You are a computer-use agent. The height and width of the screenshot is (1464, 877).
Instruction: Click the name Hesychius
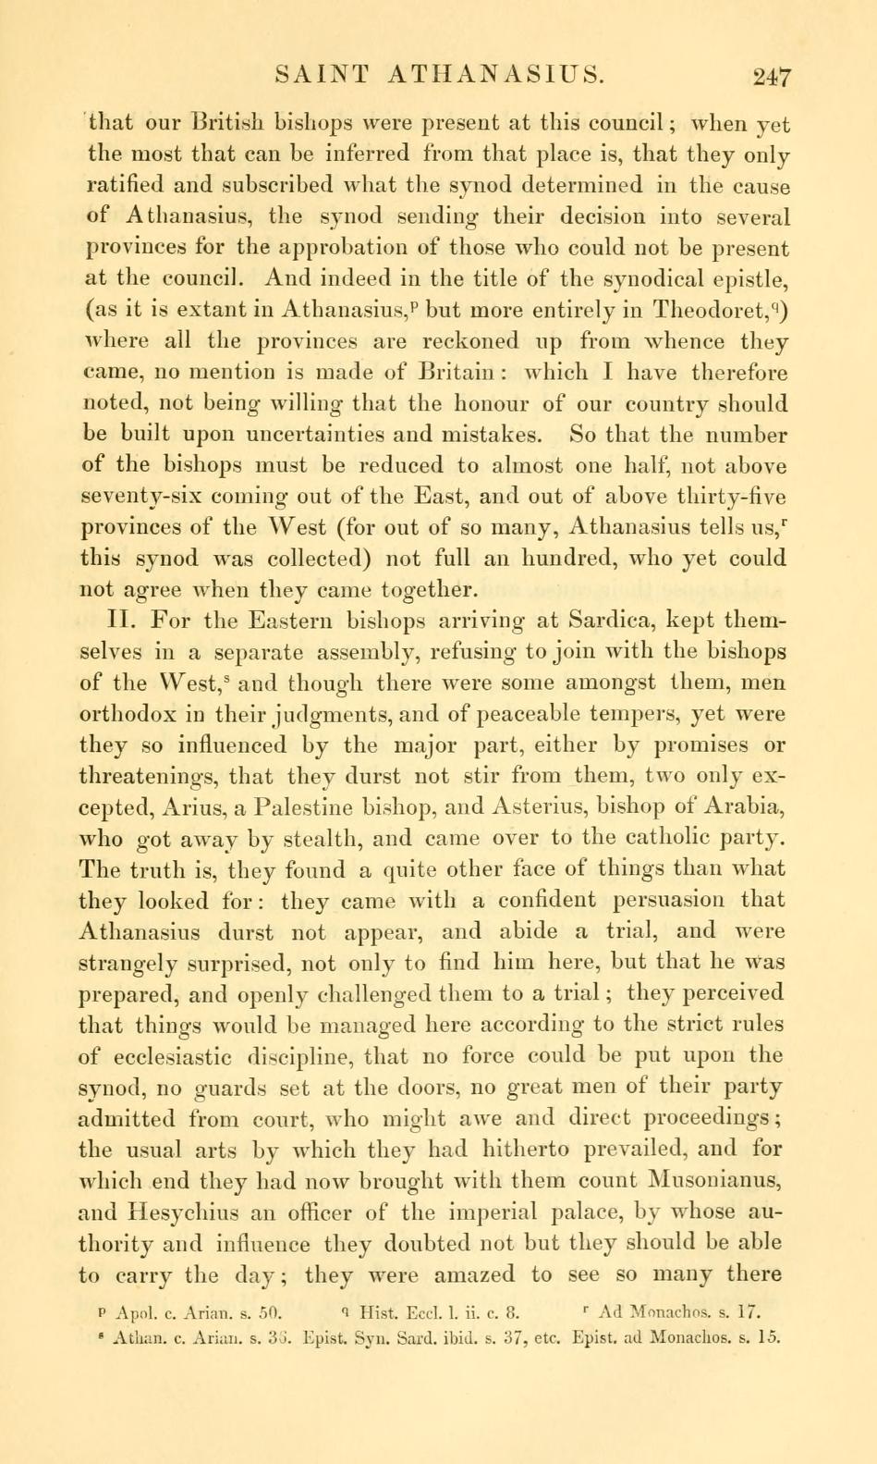(189, 1212)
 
